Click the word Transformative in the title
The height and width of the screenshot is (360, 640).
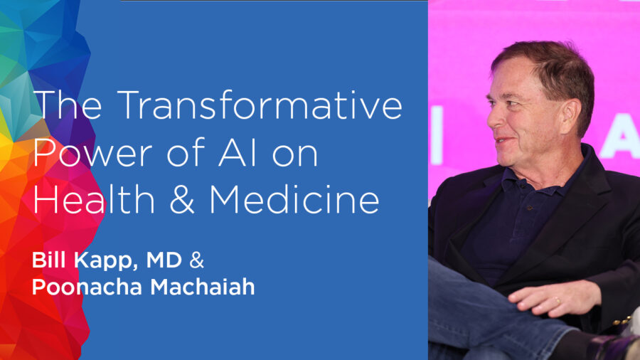262,105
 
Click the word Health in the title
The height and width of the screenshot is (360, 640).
94,199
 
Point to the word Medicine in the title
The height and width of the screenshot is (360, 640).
294,199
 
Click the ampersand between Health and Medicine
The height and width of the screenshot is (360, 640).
181,200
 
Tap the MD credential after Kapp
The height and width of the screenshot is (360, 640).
164,260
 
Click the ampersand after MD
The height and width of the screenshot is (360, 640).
197,260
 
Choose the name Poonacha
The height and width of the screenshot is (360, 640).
87,287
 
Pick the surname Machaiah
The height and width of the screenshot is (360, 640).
203,287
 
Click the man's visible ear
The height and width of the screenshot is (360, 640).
570,117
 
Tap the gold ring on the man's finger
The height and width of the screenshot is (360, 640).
557,301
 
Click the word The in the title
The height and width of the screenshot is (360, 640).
68,105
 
